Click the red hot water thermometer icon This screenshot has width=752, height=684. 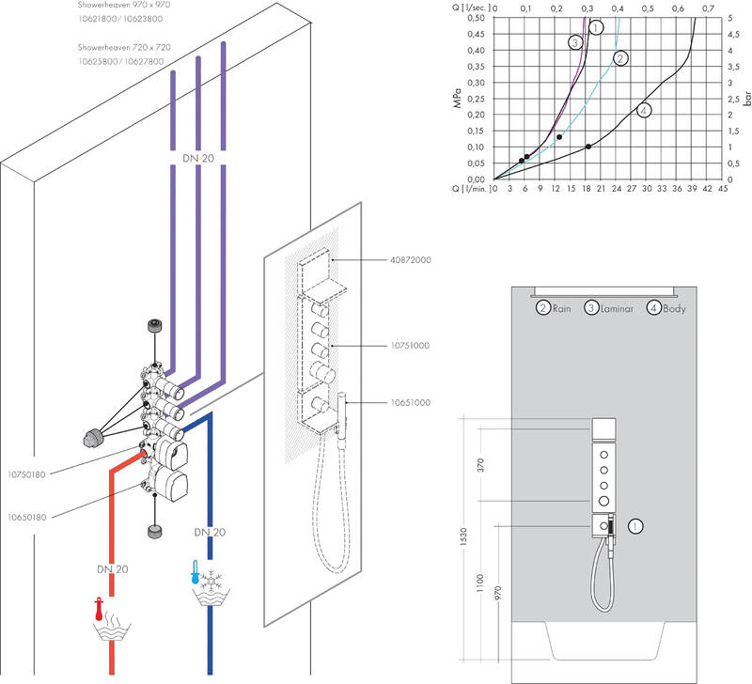coord(98,606)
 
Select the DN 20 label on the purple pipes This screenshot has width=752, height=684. coord(197,160)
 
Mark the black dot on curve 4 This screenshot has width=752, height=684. coord(588,147)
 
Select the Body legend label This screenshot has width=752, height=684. coord(674,307)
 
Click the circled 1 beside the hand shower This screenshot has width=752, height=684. coord(636,526)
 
